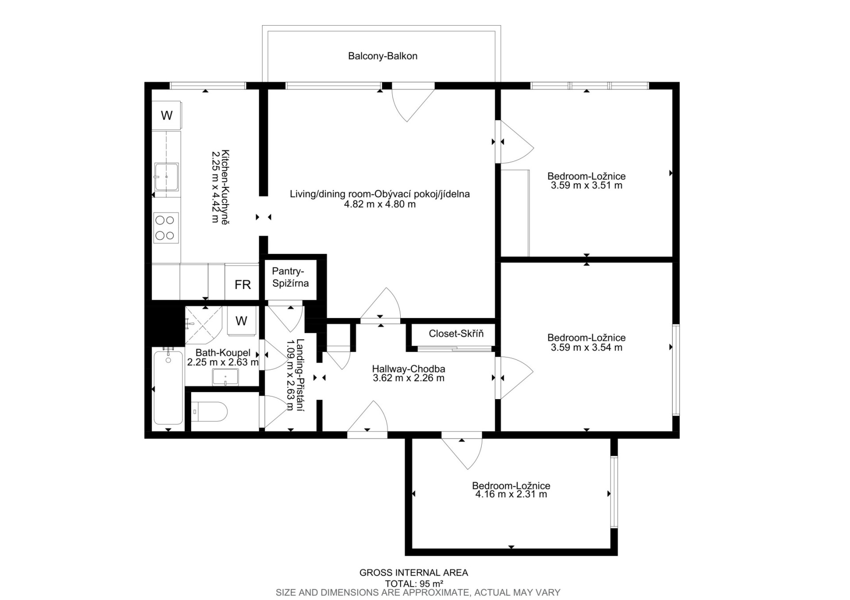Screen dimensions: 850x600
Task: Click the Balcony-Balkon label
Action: (x=382, y=56)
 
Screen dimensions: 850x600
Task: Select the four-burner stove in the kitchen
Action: (x=166, y=228)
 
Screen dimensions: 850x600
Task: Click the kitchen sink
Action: (x=166, y=177)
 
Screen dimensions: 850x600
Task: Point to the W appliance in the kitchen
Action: (x=166, y=115)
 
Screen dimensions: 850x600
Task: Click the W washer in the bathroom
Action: (x=241, y=321)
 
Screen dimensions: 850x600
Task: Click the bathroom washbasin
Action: (x=225, y=377)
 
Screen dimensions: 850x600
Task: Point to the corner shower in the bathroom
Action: (x=203, y=325)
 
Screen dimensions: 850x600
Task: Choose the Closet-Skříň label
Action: (x=456, y=334)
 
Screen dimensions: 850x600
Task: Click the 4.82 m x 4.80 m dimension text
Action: (x=380, y=204)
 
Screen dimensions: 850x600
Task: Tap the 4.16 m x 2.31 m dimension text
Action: (x=511, y=494)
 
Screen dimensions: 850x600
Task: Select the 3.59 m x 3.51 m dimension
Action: (x=587, y=185)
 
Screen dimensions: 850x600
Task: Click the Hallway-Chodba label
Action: (x=409, y=369)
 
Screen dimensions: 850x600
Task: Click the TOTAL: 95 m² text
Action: (x=414, y=584)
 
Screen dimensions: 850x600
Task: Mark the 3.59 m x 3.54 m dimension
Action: (x=587, y=348)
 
